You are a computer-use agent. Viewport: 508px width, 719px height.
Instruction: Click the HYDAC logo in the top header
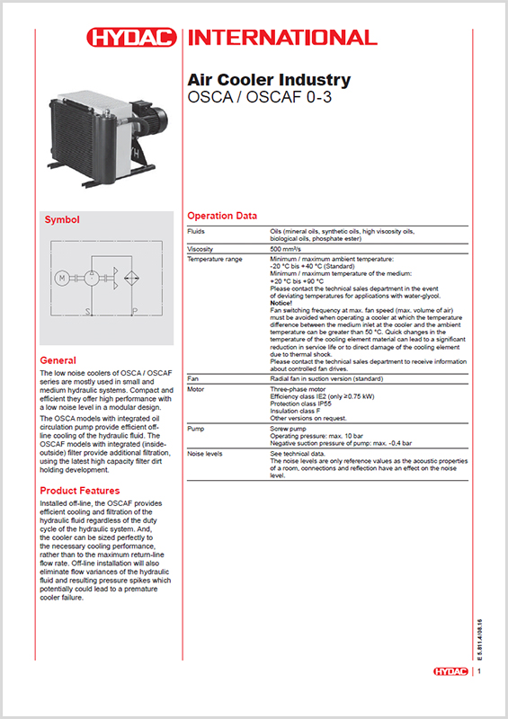click(x=132, y=38)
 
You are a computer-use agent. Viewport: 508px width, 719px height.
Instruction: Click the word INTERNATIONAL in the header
click(x=280, y=38)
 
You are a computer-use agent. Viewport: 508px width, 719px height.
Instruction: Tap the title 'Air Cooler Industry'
click(x=268, y=81)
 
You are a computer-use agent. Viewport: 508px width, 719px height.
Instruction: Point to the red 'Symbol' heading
click(x=62, y=219)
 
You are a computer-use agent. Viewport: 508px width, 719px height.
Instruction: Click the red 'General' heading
click(x=58, y=359)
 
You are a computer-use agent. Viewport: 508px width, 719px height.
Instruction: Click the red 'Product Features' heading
click(x=79, y=491)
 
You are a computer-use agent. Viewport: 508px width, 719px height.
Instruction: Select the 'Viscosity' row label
click(x=200, y=248)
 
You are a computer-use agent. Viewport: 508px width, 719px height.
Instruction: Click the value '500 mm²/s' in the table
click(x=288, y=248)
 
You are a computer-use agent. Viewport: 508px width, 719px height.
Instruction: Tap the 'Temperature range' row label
click(x=214, y=259)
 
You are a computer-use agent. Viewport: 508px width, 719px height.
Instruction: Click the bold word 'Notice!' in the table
click(x=282, y=304)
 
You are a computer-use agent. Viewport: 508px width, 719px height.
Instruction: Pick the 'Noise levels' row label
click(x=204, y=454)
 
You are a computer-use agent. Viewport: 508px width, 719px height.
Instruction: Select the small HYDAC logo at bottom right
click(x=452, y=671)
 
